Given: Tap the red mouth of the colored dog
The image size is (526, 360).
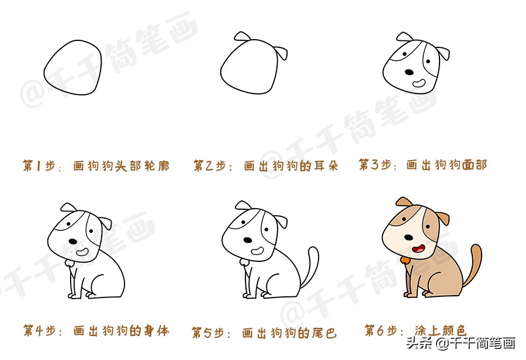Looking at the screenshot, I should (x=418, y=249).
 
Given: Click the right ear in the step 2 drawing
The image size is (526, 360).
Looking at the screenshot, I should (x=282, y=54).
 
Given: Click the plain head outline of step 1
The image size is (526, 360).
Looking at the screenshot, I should (x=73, y=67).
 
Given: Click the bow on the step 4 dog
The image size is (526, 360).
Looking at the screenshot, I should (x=70, y=263).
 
